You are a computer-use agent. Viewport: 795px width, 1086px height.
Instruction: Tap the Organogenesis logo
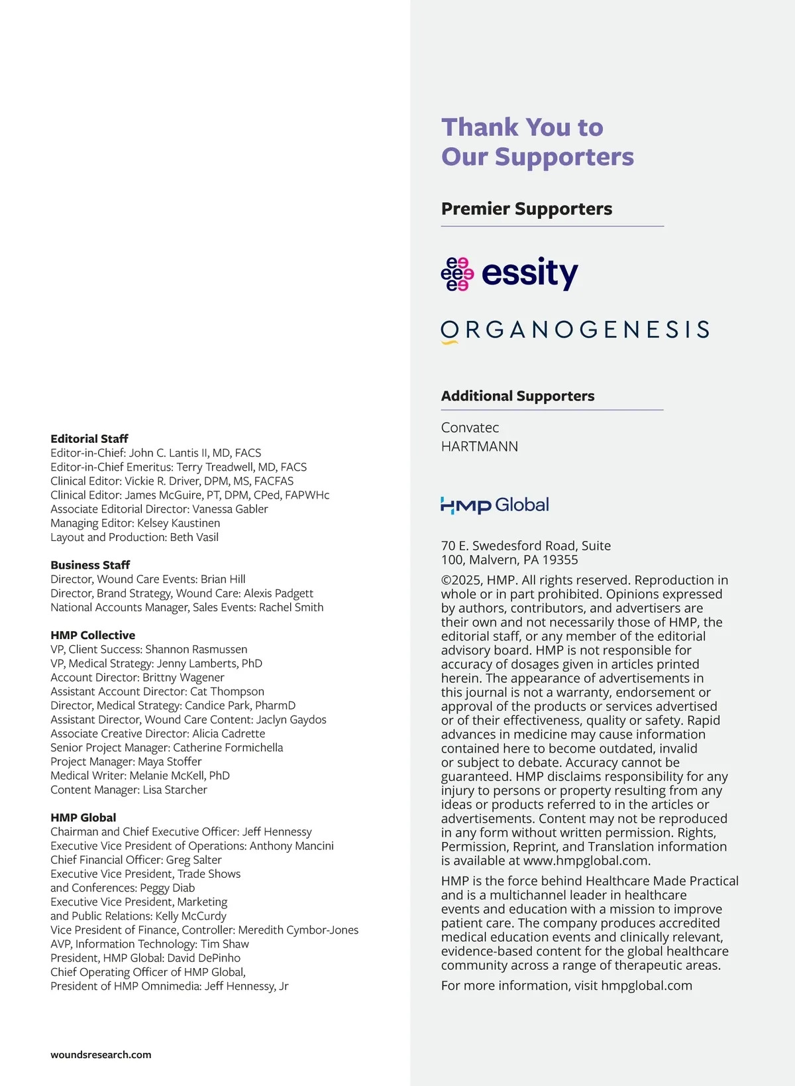(x=575, y=330)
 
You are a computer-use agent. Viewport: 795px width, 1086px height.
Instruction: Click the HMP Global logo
(x=495, y=505)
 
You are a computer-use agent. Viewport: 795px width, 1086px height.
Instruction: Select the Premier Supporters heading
(x=527, y=209)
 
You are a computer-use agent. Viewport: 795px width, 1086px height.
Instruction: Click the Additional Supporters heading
(x=517, y=396)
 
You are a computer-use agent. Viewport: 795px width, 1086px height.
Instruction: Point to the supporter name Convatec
(x=470, y=428)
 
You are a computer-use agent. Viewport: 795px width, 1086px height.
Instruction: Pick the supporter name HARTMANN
(x=480, y=446)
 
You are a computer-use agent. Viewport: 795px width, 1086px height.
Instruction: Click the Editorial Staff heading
(x=89, y=439)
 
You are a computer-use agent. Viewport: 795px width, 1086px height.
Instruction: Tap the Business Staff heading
(x=90, y=565)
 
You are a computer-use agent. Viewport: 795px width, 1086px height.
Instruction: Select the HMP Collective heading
(x=93, y=635)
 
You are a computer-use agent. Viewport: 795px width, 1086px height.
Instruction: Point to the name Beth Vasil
(x=194, y=537)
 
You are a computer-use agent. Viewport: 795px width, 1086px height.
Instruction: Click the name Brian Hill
(x=223, y=579)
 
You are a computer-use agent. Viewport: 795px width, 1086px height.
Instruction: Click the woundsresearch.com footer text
(x=101, y=1055)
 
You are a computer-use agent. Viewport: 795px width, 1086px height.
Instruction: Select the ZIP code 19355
(x=560, y=560)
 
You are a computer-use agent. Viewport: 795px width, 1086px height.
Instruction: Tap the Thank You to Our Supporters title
(x=537, y=142)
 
